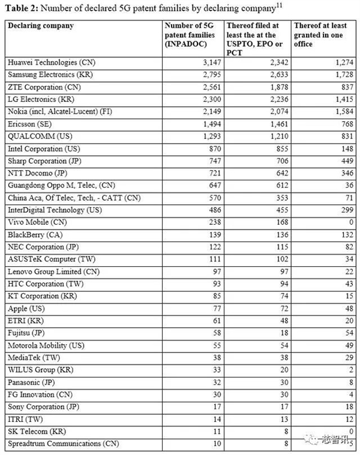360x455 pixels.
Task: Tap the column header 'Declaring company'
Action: point(40,26)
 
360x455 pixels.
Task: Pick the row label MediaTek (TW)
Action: point(30,357)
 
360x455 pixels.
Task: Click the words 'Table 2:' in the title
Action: point(21,8)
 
